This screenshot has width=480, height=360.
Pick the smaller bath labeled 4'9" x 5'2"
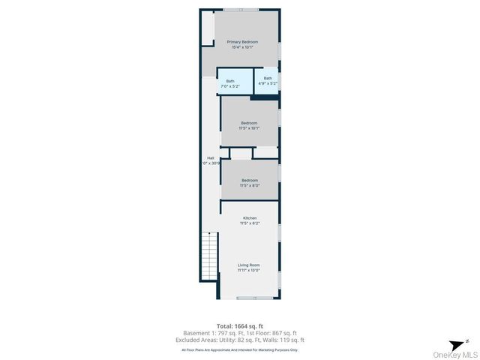[268, 80]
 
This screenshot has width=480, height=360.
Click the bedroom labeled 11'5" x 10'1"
[249, 125]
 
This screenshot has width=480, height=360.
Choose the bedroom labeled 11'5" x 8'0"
[249, 182]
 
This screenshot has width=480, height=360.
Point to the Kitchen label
[249, 218]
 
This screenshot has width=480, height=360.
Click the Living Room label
[249, 265]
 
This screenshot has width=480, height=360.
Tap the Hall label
[211, 157]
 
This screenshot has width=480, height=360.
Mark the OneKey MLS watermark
[453, 354]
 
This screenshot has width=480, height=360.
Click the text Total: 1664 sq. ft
[240, 325]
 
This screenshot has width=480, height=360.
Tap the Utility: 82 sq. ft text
[240, 340]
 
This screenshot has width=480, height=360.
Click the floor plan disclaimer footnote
[240, 349]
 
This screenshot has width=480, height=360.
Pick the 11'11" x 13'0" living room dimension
[249, 270]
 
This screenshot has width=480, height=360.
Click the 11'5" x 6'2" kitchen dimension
[249, 223]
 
